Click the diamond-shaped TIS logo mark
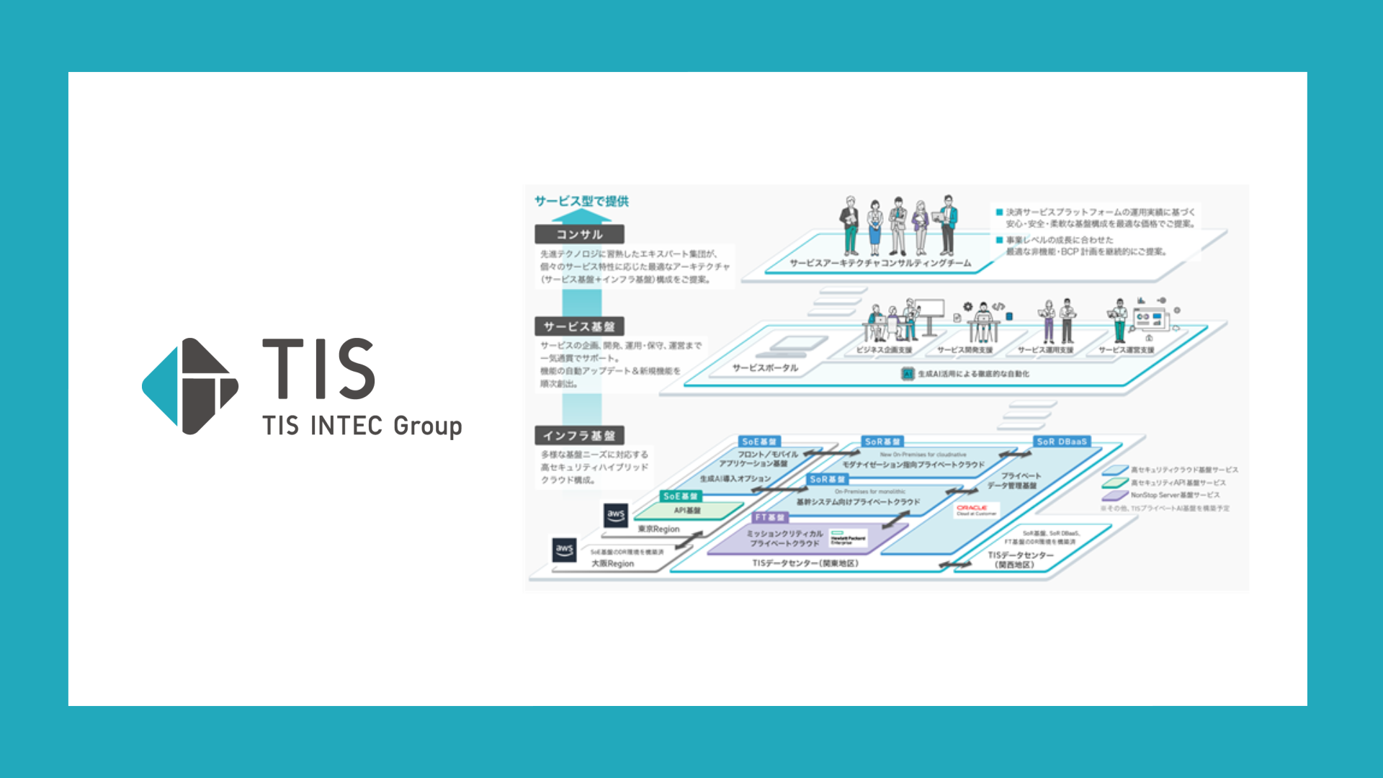[x=189, y=386]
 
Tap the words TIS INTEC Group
[x=362, y=426]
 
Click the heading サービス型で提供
[x=581, y=202]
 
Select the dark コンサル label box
[x=579, y=234]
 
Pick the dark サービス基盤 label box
[x=579, y=326]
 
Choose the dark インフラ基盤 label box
[x=579, y=436]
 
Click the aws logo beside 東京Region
[x=616, y=514]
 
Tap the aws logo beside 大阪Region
[x=565, y=550]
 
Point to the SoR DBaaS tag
[x=1062, y=442]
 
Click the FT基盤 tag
[x=770, y=517]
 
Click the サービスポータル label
[x=765, y=368]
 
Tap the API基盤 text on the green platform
[x=687, y=511]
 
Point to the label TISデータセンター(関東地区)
[x=805, y=563]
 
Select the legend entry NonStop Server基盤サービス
[x=1175, y=496]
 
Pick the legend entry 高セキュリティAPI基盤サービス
[x=1178, y=483]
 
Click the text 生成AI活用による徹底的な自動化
[x=972, y=374]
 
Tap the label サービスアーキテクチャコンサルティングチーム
[x=880, y=264]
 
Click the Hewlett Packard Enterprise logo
[x=848, y=539]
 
